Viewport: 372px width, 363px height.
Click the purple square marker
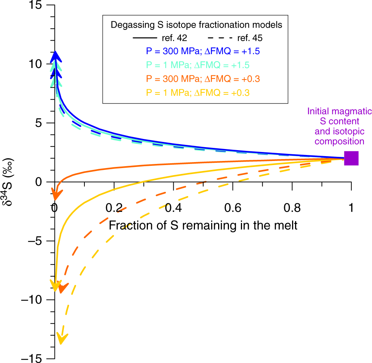pos(351,158)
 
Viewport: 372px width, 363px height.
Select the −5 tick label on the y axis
pos(37,241)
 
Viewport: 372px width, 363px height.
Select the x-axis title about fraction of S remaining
pos(203,225)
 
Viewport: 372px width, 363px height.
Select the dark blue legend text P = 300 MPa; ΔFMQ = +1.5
pos(202,51)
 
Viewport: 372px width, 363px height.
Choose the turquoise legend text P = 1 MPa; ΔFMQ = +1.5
pos(198,65)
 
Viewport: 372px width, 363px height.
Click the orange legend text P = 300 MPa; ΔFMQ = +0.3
pos(203,78)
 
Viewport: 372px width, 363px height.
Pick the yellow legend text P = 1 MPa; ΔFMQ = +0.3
pos(198,91)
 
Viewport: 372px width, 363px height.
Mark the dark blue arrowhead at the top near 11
pos(56,55)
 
